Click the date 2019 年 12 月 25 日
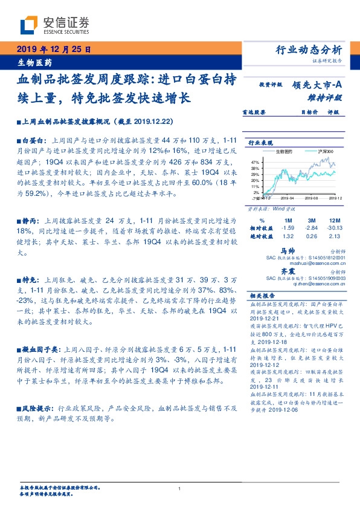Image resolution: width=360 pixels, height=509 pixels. [53, 49]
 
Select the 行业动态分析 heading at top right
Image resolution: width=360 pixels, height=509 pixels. [309, 49]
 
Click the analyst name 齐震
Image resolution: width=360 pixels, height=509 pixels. [287, 273]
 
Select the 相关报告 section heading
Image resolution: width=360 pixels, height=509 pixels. [262, 297]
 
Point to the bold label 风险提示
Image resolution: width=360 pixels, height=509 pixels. [36, 409]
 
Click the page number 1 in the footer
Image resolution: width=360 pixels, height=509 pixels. [180, 488]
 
